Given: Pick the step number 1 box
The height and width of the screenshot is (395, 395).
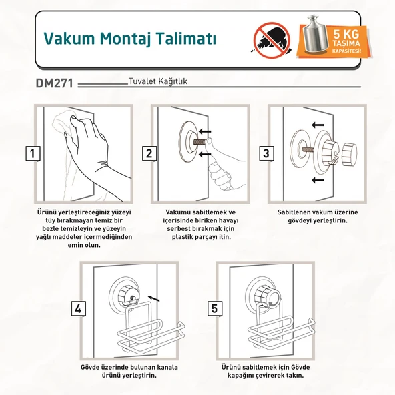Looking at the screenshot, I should click(32, 153).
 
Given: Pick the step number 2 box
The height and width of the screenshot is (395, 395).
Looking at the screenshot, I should click(149, 153).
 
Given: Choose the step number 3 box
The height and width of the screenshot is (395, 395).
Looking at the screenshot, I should click(266, 153).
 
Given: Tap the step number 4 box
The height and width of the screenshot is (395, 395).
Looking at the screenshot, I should click(79, 308).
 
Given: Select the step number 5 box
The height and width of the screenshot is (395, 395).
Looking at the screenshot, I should click(214, 308).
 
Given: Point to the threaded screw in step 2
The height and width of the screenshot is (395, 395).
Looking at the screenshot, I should click(198, 144).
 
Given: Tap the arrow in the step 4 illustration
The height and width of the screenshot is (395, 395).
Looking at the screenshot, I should click(153, 298).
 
